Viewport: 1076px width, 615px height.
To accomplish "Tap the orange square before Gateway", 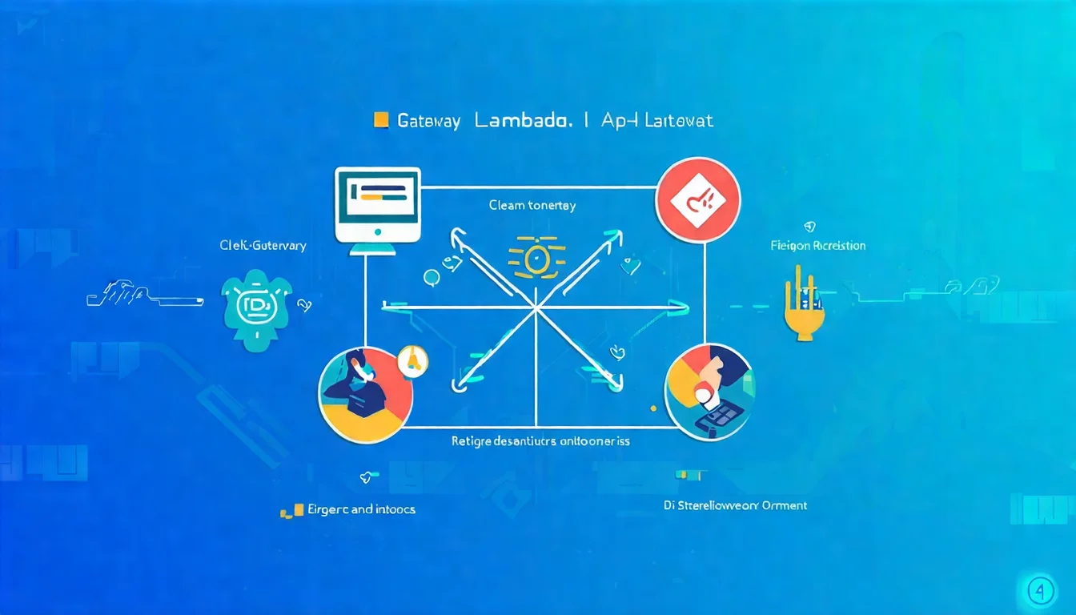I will tap(381, 121).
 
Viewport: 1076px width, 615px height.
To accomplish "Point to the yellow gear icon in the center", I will tap(536, 259).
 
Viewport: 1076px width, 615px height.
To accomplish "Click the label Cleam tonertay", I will tap(532, 206).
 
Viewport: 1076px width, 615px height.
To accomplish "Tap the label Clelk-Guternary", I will tap(263, 246).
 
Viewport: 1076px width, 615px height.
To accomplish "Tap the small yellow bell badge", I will tap(413, 361).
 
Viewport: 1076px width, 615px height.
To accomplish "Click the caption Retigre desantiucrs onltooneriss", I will tap(540, 441).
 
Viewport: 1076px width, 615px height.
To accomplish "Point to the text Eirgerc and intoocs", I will tap(361, 509).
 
